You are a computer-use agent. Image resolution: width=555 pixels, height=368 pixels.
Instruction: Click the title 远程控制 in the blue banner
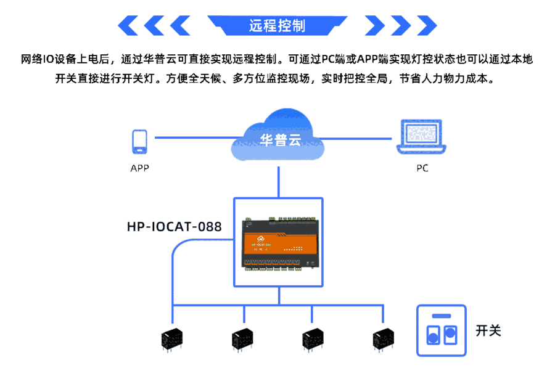[277, 26]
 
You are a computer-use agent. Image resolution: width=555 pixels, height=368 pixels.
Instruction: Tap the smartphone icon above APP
[139, 142]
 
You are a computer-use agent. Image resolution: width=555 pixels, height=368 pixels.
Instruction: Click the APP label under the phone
[139, 168]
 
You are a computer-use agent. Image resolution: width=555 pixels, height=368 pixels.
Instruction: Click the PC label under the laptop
[422, 168]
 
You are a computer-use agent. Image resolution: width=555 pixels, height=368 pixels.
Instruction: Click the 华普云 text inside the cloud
[279, 139]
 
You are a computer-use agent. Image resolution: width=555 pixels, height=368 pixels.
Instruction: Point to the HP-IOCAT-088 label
[174, 226]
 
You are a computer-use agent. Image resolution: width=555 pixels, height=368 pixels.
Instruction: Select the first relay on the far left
[172, 338]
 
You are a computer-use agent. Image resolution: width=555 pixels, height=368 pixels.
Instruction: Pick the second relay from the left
[242, 338]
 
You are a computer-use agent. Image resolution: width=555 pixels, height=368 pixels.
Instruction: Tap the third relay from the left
[313, 338]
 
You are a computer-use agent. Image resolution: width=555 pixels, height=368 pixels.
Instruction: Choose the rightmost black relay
[384, 338]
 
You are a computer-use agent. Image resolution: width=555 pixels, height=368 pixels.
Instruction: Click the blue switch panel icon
[442, 330]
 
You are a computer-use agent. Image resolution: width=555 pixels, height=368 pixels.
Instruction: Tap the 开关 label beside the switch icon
[488, 330]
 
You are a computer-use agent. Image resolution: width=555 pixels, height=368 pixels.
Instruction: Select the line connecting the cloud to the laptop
[361, 138]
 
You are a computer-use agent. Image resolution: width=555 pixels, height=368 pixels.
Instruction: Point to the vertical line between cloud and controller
[279, 182]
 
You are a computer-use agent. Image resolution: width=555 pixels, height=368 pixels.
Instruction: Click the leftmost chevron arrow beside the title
[129, 26]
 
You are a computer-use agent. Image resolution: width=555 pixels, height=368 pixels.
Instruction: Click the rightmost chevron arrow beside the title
[425, 26]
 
